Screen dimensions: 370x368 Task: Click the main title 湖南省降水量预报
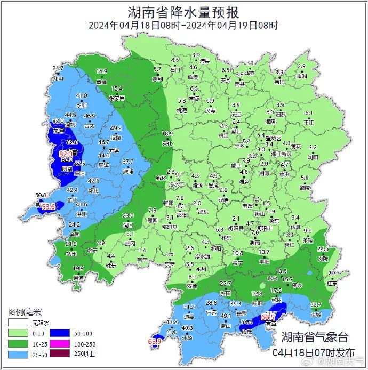(183, 11)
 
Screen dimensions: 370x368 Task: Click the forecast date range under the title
(184, 25)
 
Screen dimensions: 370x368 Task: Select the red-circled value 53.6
(49, 206)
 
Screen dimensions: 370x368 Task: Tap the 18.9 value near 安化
(167, 133)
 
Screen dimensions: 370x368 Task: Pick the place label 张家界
(116, 98)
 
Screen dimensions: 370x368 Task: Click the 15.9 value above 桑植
(101, 71)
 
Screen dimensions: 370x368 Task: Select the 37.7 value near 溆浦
(128, 162)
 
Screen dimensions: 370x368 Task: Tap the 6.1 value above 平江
(309, 113)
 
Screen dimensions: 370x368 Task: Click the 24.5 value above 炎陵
(323, 249)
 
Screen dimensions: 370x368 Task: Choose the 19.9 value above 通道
(78, 268)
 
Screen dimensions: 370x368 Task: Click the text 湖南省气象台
(315, 337)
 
